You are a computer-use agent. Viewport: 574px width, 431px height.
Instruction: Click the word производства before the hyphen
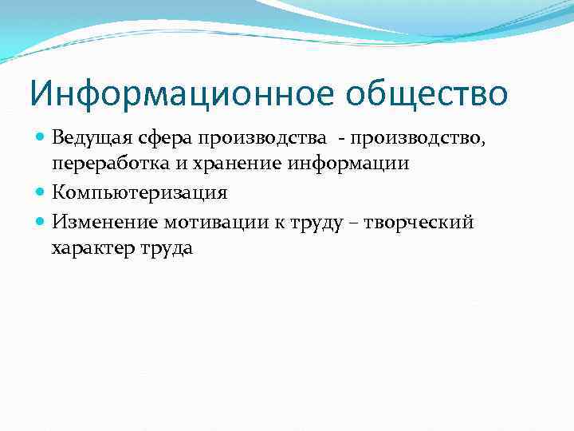[x=263, y=136]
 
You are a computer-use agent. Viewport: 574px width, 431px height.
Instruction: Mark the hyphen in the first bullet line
[x=341, y=137]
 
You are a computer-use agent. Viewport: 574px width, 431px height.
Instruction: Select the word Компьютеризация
[x=140, y=193]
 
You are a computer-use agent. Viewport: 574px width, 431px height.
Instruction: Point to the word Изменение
[x=100, y=222]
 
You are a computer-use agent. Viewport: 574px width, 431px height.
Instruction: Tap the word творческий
[x=419, y=222]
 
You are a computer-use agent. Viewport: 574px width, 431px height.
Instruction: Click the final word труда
[x=166, y=249]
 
